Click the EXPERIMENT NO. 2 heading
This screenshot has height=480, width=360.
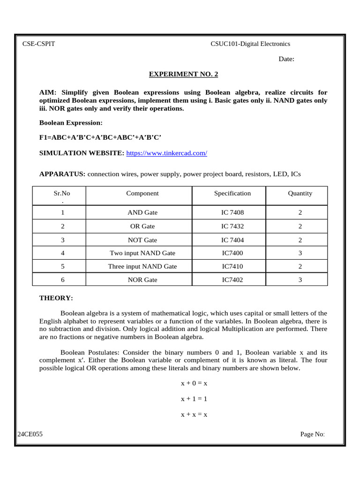(x=183, y=74)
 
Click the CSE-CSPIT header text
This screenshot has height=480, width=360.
(x=38, y=44)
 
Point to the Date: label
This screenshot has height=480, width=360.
(x=286, y=59)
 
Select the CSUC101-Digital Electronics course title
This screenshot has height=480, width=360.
(x=250, y=44)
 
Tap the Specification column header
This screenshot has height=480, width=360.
(x=232, y=193)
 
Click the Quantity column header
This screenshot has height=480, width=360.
(x=300, y=193)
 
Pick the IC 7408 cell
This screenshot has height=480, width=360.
(x=232, y=212)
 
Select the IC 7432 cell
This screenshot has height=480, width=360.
(x=232, y=226)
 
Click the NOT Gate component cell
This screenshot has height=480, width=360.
(x=142, y=240)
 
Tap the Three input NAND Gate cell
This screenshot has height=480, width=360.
(x=142, y=266)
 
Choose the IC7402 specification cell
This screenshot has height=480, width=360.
(x=232, y=280)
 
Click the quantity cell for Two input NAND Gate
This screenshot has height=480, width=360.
(x=300, y=253)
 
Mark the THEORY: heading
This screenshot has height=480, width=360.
(x=56, y=298)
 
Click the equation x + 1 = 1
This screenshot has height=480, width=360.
(x=194, y=399)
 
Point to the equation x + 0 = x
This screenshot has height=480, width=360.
(x=194, y=383)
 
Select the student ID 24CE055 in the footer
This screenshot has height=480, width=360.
(x=30, y=434)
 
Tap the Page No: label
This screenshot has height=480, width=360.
(x=312, y=434)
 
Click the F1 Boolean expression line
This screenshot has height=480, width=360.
(x=100, y=137)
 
